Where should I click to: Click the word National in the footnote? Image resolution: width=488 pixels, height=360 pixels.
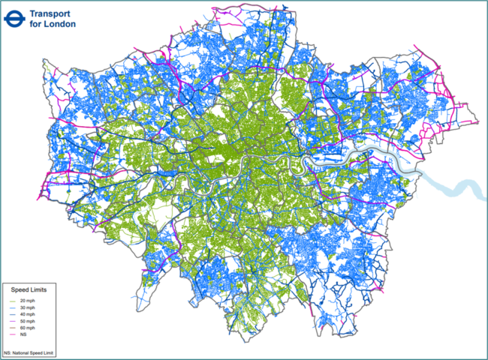[x=20, y=352]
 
